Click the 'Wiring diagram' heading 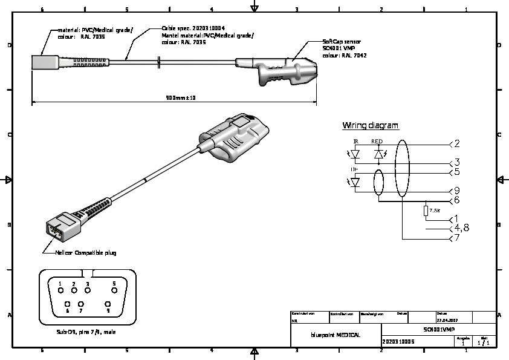click(x=370, y=126)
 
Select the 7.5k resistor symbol click(x=426, y=210)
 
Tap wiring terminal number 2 click(x=457, y=143)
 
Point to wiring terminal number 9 click(x=457, y=191)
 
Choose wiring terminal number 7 click(x=457, y=239)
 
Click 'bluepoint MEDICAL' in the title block click(x=336, y=335)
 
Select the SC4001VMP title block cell click(x=439, y=329)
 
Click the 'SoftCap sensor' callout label click(x=342, y=42)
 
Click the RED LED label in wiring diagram click(x=377, y=141)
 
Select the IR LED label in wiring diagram click(x=355, y=141)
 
